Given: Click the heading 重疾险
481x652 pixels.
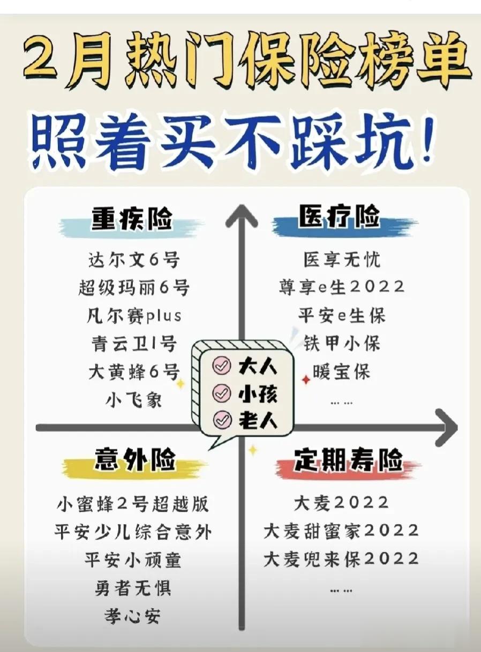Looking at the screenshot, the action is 132,219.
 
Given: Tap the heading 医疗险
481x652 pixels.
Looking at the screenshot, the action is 339,218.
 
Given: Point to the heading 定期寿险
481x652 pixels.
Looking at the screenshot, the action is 348,460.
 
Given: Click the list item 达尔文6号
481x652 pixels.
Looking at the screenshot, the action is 134,260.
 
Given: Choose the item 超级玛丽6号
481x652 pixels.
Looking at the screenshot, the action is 134,288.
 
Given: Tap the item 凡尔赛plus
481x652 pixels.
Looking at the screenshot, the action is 134,315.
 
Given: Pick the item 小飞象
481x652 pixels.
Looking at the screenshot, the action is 134,399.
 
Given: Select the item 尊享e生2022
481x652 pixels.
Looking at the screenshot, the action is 341,286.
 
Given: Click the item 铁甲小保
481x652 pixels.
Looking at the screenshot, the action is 342,343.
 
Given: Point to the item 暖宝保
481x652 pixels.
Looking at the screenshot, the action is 341,371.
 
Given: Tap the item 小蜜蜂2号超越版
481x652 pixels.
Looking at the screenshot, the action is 133,504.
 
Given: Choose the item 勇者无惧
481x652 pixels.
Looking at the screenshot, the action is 133,588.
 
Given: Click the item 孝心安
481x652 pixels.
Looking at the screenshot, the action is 133,616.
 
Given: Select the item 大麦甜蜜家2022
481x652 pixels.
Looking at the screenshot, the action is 341,531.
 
